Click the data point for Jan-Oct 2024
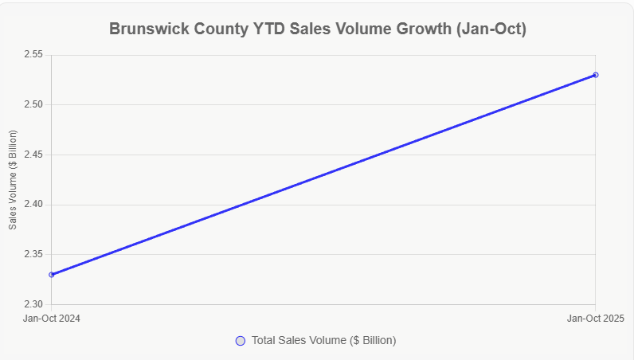[x=52, y=275]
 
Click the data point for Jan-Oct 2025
[x=596, y=75]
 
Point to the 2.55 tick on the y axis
[x=35, y=55]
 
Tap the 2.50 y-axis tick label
[x=35, y=105]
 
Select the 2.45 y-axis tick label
[x=35, y=155]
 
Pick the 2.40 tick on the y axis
[x=35, y=205]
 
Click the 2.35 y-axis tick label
[x=35, y=255]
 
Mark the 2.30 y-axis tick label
[x=35, y=304]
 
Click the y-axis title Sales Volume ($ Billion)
[x=13, y=180]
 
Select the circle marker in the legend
[x=241, y=341]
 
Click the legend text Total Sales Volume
[x=323, y=340]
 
